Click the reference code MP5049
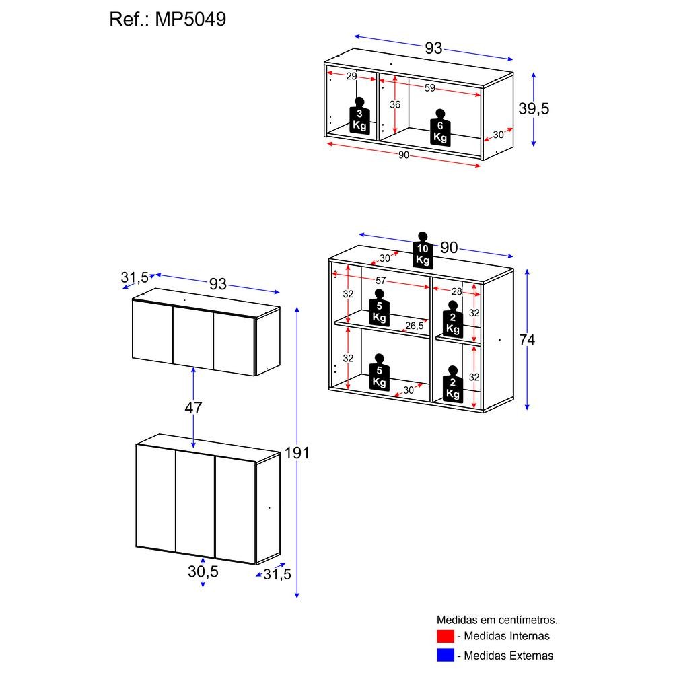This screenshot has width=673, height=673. (x=190, y=20)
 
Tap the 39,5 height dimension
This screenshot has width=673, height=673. (x=534, y=108)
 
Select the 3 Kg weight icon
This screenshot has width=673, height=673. (x=359, y=116)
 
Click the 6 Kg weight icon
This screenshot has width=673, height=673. (x=440, y=128)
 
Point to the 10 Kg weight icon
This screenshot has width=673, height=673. (x=423, y=250)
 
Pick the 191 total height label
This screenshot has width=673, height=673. (x=297, y=453)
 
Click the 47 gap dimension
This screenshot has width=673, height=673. (x=193, y=408)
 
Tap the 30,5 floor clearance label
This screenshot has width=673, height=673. (x=203, y=571)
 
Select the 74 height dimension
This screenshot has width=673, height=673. (x=527, y=340)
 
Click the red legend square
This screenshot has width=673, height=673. (x=446, y=636)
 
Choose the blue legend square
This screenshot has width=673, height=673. (x=446, y=655)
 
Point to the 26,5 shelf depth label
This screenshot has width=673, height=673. (x=414, y=326)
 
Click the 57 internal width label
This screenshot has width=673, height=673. (x=381, y=281)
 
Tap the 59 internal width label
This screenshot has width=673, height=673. (x=429, y=88)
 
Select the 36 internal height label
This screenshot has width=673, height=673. (x=395, y=104)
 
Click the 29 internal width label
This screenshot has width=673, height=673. (x=351, y=77)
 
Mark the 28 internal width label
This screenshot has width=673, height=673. (x=456, y=292)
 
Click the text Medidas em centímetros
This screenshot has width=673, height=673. (x=497, y=620)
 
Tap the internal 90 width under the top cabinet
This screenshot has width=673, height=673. (x=403, y=155)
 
